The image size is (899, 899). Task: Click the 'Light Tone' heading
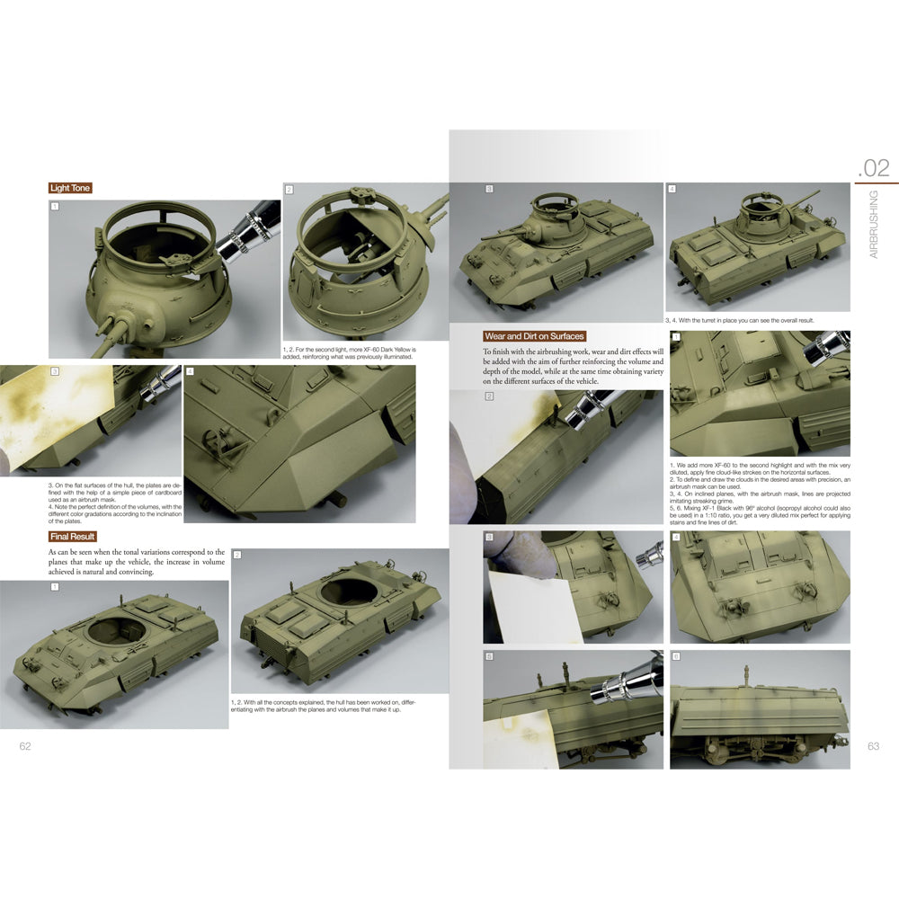[x=70, y=188]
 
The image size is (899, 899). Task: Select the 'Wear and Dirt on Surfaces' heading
[x=534, y=336]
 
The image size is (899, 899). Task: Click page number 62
[x=25, y=746]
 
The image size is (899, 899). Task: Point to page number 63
[x=873, y=746]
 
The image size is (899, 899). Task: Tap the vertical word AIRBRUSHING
[x=874, y=225]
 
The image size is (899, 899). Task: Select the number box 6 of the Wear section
[x=675, y=657]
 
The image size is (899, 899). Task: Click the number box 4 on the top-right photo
[x=672, y=190]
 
